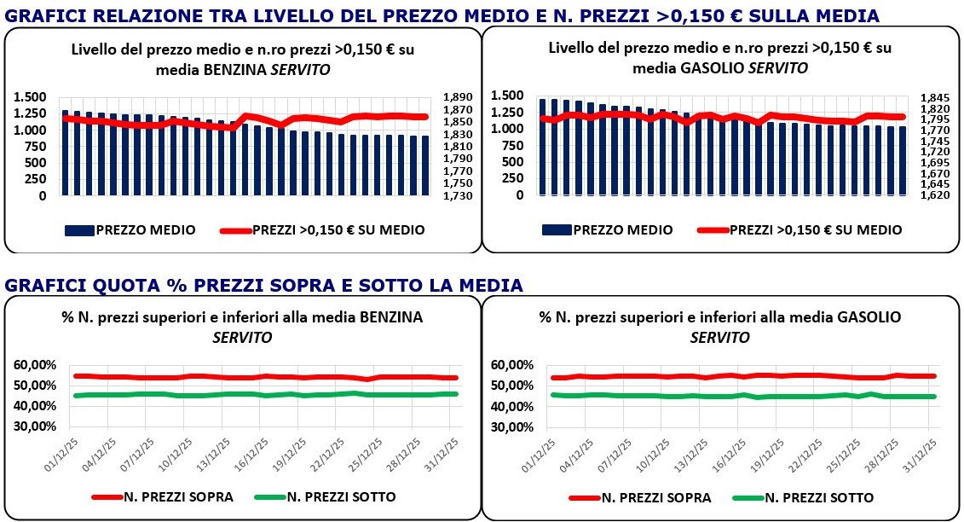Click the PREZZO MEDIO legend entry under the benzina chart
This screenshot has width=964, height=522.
[x=130, y=229]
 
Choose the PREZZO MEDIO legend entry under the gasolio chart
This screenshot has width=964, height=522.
[x=608, y=229]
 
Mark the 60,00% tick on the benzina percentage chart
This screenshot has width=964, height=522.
[x=37, y=365]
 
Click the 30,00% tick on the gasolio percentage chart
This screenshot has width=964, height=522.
[x=514, y=427]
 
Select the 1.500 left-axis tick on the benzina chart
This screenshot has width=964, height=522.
[x=31, y=97]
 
